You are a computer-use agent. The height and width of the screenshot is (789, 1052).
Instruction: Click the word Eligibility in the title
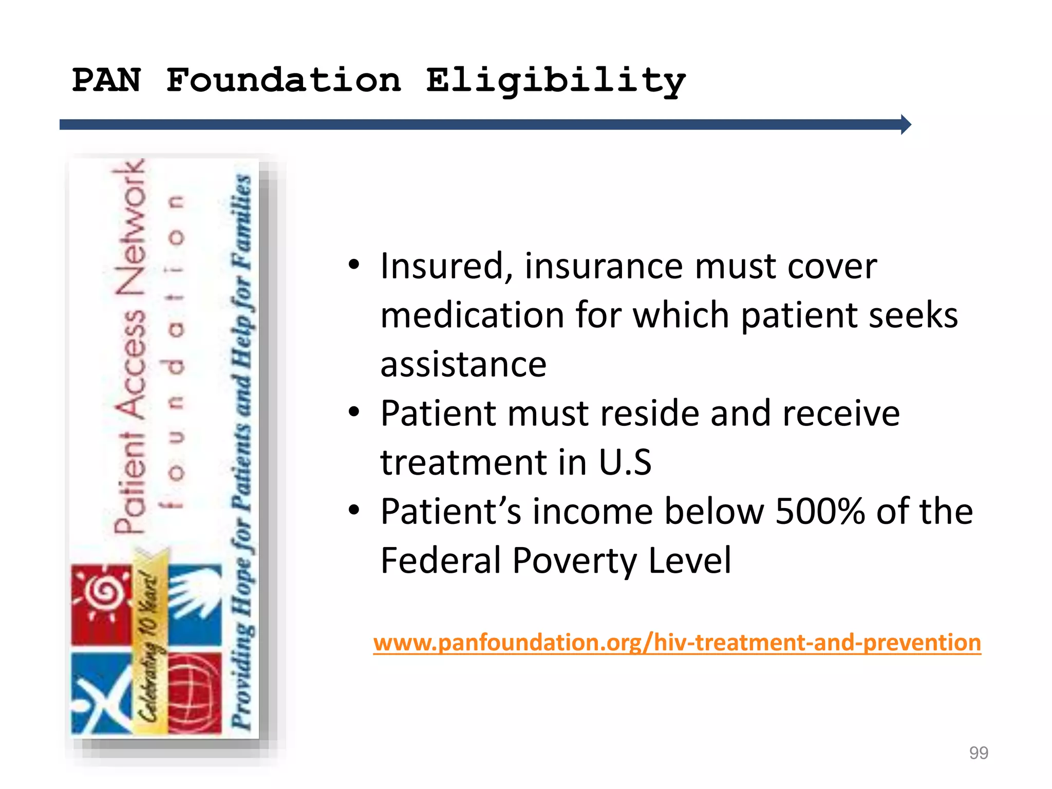point(556,81)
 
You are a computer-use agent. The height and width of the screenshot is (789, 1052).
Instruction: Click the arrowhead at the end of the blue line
point(906,124)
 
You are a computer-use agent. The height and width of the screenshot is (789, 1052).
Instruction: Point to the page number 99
point(978,753)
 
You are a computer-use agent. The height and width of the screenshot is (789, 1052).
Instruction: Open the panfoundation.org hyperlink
point(677,643)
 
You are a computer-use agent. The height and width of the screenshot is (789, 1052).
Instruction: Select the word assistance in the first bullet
point(463,364)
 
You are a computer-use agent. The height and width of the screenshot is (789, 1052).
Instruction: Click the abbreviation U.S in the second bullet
point(625,462)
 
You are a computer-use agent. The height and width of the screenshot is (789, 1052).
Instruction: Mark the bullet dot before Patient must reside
point(353,412)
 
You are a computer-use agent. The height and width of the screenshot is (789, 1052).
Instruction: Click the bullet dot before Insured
point(353,265)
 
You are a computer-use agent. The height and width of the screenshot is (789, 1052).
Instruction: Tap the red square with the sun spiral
point(102,604)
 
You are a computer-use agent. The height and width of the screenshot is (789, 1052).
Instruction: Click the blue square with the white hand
point(195,604)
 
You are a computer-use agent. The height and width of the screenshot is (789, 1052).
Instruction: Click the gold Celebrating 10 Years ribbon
point(150,642)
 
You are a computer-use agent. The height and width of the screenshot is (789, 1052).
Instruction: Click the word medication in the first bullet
point(472,315)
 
